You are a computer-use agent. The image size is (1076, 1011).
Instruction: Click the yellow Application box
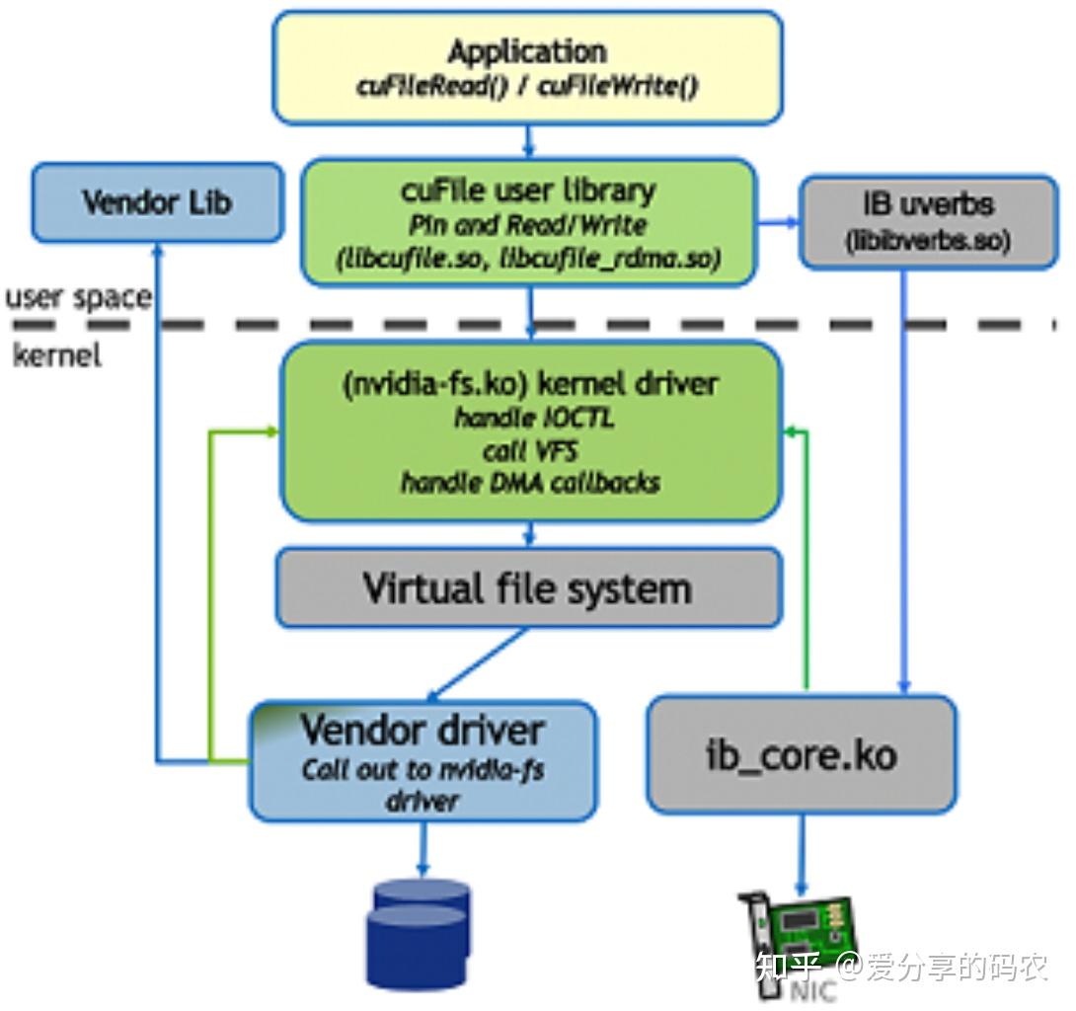527,67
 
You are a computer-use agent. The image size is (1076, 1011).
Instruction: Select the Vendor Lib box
157,202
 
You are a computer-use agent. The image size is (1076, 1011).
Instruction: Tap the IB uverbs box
927,221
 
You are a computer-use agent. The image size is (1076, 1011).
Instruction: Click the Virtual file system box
528,588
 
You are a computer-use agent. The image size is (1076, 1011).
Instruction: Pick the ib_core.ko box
801,755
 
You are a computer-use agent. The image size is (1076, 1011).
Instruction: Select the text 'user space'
79,297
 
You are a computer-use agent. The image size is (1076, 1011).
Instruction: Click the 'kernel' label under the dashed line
57,355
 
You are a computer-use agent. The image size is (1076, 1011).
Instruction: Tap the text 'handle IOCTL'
534,418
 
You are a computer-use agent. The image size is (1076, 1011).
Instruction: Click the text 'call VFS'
530,451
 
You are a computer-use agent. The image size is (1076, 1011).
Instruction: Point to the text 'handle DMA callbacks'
530,483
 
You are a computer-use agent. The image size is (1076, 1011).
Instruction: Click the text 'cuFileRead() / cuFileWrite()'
527,87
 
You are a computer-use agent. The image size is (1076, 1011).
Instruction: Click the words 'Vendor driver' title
423,731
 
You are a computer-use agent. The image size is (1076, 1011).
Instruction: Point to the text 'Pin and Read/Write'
527,225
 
